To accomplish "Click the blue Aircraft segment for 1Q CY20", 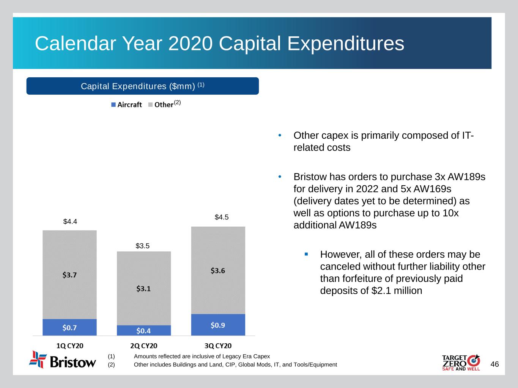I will tap(69, 327).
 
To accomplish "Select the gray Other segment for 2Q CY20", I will tap(143, 288).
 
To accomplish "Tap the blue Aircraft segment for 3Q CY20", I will tap(218, 325).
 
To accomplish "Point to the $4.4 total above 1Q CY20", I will tap(70, 222).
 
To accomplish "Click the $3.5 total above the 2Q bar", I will tap(143, 246).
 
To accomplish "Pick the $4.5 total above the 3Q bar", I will tap(222, 217).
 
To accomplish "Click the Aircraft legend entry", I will tap(126, 105).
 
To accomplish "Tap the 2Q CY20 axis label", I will tap(143, 346).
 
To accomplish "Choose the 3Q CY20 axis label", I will tap(218, 346).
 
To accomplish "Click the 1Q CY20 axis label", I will tap(69, 346).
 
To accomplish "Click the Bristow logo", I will tap(63, 360).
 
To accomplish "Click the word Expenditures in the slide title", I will tap(345, 44).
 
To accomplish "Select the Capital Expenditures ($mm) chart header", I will tap(142, 86).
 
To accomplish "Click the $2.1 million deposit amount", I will tap(397, 291).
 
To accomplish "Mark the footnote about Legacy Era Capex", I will tap(202, 356).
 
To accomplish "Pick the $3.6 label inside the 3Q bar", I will tap(218, 271).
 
